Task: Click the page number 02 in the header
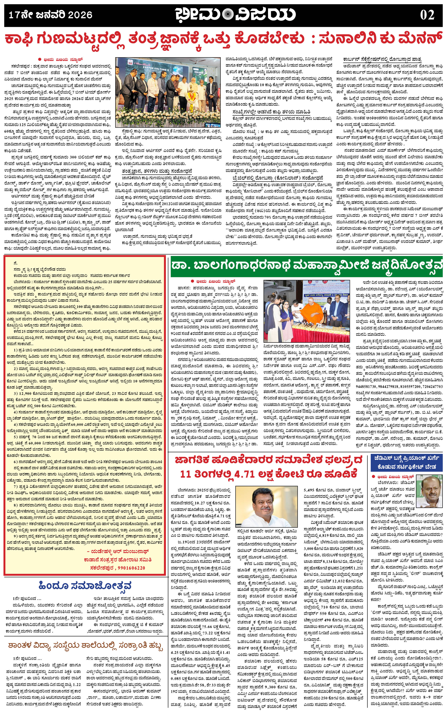tap(427, 15)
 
